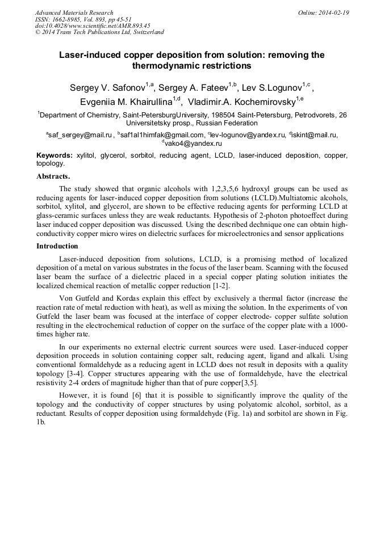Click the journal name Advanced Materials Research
pos(74,12)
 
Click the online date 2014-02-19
pos(333,12)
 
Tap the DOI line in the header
pos(92,26)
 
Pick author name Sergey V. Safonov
pos(107,87)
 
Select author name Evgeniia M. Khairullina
pos(125,102)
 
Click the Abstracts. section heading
pos(53,176)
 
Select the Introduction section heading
pos(57,246)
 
